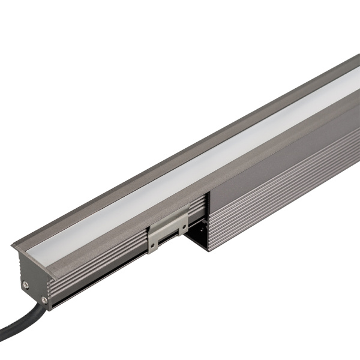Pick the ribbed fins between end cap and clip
pos(102,264)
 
